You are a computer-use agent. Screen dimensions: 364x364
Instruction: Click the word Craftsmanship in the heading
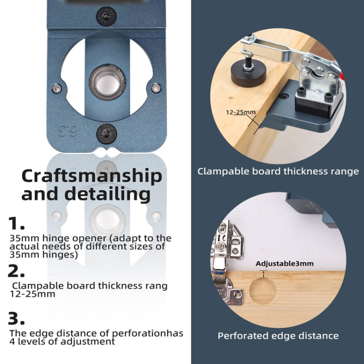click(91, 176)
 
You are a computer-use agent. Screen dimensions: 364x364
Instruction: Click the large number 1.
click(16, 224)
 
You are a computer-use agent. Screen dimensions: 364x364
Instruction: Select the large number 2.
click(17, 270)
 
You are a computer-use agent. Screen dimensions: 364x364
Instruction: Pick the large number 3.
click(17, 319)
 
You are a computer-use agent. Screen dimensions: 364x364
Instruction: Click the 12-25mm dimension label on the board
click(240, 112)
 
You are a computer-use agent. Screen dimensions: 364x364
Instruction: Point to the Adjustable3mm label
click(284, 264)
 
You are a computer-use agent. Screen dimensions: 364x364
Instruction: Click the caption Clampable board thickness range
click(278, 171)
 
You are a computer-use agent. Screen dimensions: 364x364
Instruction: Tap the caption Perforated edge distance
click(278, 336)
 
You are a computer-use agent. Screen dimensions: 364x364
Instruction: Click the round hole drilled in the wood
click(263, 291)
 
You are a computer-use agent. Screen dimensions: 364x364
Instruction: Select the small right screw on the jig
click(155, 88)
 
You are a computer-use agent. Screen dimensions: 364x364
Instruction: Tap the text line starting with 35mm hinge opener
click(90, 238)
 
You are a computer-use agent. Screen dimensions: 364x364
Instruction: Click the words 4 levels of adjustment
click(62, 341)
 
